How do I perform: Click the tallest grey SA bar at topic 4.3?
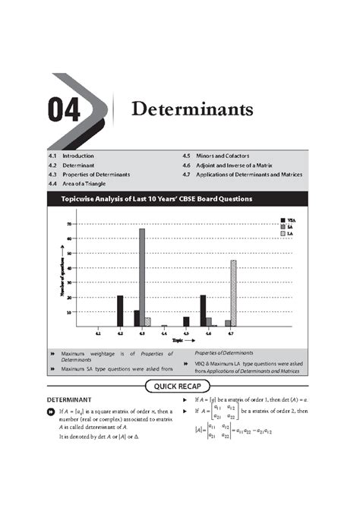(141, 276)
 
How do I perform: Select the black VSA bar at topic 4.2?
(120, 311)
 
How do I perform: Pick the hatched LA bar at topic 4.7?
(233, 293)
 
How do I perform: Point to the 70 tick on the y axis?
(69, 224)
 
